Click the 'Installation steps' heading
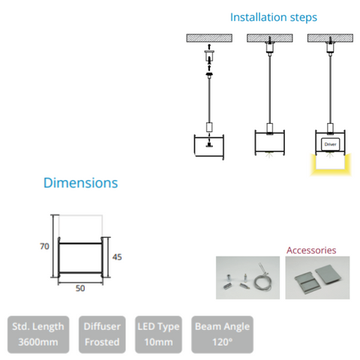274,17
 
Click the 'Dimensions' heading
80,183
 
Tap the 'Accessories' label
311,250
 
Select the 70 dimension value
44,246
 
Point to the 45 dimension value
117,257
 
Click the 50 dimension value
80,288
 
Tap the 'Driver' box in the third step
330,144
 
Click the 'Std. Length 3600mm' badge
38,334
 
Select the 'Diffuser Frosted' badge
102,334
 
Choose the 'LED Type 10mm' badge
158,334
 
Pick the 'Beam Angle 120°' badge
222,334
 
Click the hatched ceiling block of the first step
209,38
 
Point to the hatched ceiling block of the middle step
270,38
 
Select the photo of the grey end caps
317,277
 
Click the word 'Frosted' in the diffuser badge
102,342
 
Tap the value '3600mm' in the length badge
38,342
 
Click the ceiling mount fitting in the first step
209,56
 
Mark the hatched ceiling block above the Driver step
330,38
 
